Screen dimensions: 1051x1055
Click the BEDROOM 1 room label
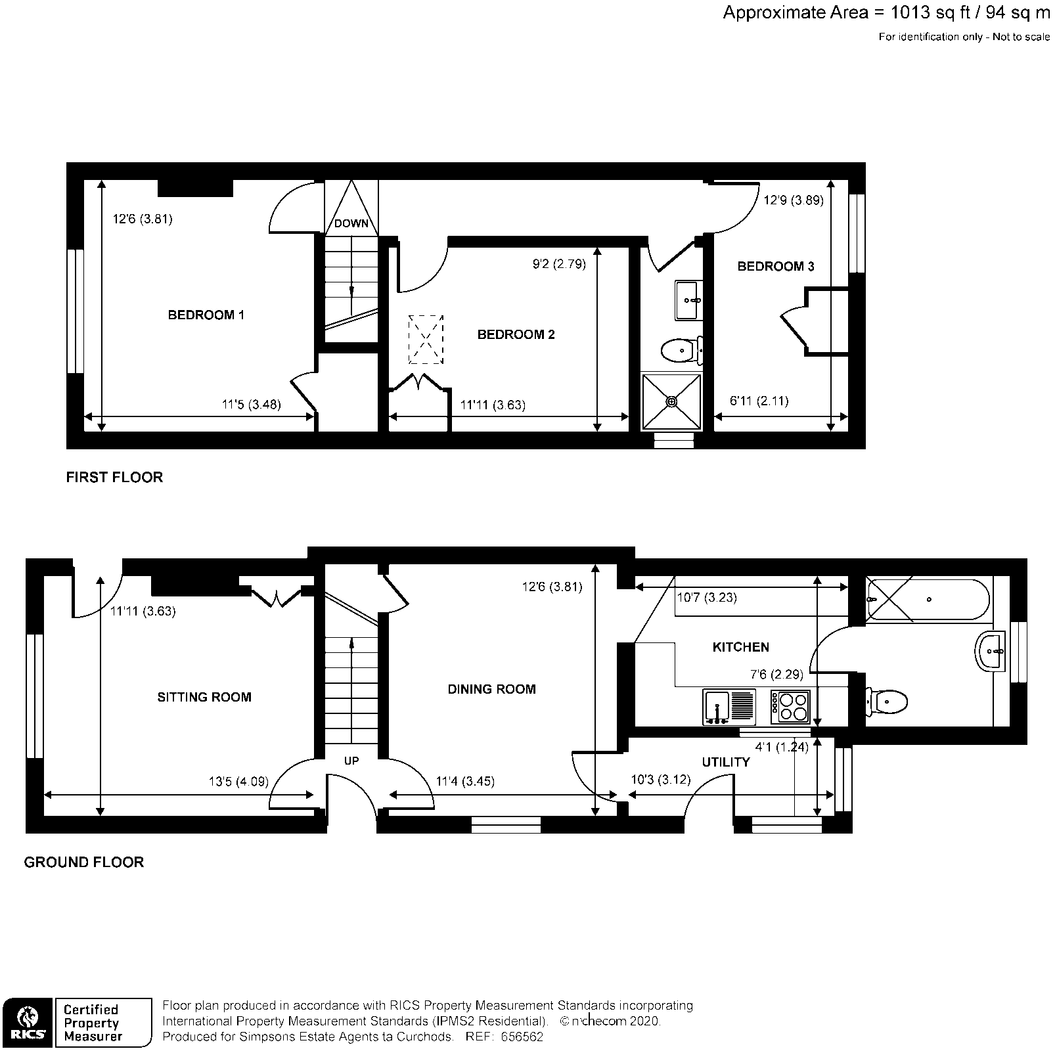coord(206,315)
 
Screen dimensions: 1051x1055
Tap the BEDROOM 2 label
coord(516,335)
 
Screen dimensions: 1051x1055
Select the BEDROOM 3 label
coord(775,267)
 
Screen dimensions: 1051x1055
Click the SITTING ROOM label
coord(204,698)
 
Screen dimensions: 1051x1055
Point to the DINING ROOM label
coord(491,690)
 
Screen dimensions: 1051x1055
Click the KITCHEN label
coord(740,648)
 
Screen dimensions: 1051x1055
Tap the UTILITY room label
coord(725,763)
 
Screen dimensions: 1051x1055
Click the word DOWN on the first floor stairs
coord(351,223)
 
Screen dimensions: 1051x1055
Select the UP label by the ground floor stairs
coord(351,761)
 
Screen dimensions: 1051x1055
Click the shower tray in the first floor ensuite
coord(671,401)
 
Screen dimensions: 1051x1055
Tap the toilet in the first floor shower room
coord(682,350)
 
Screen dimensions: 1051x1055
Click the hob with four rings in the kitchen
coord(790,707)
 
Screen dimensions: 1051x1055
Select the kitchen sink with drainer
coord(729,707)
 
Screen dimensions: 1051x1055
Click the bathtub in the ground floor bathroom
coord(928,598)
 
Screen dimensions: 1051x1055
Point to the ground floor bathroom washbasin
coord(991,652)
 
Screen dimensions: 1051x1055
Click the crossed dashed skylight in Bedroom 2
coord(426,340)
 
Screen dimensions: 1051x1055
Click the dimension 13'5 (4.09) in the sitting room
coord(238,782)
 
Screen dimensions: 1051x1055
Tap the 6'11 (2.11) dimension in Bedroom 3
coord(759,401)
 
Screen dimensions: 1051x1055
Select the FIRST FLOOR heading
coord(114,478)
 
